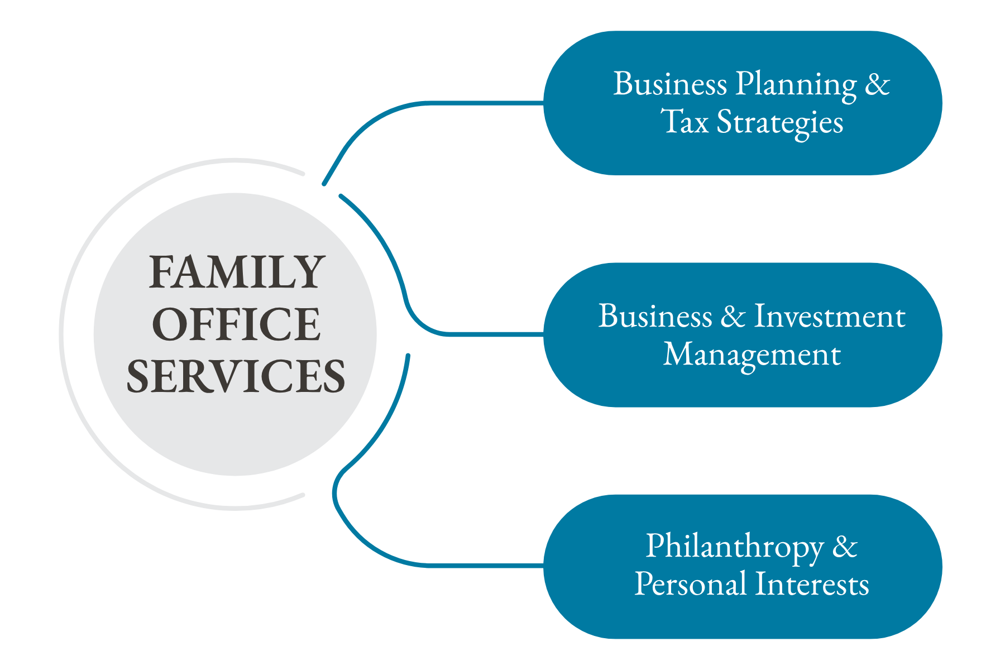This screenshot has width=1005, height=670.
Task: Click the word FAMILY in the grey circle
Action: click(236, 272)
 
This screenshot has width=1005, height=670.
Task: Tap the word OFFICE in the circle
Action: click(236, 324)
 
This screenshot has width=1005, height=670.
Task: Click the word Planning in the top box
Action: click(796, 85)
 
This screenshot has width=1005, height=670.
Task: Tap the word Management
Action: click(752, 355)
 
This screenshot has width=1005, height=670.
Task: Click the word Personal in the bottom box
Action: click(691, 585)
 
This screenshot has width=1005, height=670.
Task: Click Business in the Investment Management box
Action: click(655, 317)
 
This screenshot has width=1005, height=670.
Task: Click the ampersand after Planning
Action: click(877, 85)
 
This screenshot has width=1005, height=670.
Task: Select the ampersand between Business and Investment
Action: click(733, 317)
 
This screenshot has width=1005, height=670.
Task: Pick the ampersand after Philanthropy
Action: click(844, 546)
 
